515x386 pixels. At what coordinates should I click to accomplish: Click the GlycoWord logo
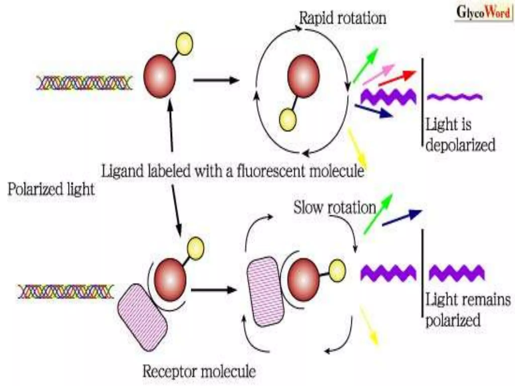coord(483,13)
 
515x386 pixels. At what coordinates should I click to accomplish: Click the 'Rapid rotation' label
coord(342,18)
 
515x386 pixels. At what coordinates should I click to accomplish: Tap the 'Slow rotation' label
coord(334,208)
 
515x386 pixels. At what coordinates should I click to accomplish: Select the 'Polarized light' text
coord(51,189)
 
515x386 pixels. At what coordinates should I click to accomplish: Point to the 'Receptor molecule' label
coord(199,371)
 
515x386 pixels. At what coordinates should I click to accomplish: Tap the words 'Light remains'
coord(468,300)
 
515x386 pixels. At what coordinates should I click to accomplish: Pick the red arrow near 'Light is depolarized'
coord(397,78)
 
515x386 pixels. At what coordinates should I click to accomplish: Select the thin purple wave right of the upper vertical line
coord(455,96)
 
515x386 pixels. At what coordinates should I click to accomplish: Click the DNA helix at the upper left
coord(84,83)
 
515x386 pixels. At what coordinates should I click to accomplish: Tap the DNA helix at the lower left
coord(66,292)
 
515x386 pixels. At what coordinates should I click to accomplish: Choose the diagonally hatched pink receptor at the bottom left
coord(142,317)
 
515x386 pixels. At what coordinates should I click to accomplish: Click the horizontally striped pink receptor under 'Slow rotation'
coord(266,292)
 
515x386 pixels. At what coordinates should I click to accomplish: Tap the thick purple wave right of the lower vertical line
coord(456,273)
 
